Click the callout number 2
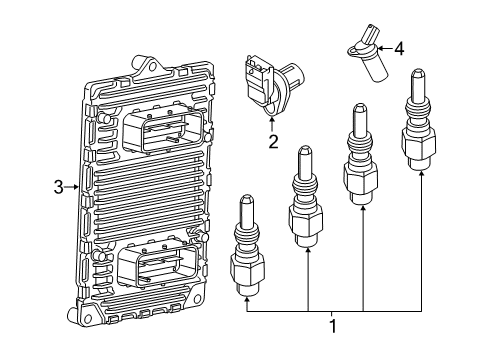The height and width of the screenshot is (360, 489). click(x=271, y=141)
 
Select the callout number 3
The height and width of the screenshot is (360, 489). click(x=58, y=186)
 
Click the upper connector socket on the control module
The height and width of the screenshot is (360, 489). click(x=167, y=129)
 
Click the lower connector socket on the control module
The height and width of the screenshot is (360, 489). click(x=156, y=268)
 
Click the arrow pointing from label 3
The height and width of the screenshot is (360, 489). click(x=73, y=186)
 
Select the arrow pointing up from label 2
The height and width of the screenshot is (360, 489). click(x=271, y=123)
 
